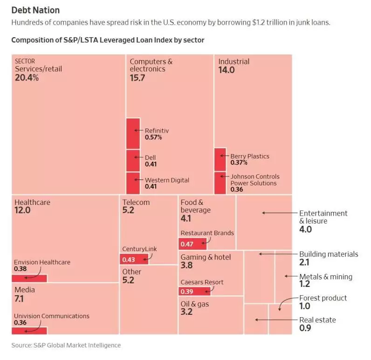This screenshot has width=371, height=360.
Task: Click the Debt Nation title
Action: click(x=35, y=10)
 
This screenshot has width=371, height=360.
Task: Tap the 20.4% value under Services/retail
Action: click(x=27, y=78)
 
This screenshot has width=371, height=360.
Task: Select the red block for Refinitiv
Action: click(x=133, y=133)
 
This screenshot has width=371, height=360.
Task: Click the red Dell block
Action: click(x=133, y=160)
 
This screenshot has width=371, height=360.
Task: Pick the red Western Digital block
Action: click(x=133, y=183)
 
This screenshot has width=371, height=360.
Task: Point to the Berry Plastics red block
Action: click(x=220, y=159)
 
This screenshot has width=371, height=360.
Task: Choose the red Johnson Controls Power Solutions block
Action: click(x=220, y=183)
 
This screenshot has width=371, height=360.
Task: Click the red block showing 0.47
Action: click(x=192, y=244)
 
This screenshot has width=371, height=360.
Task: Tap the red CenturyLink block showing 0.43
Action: click(x=134, y=259)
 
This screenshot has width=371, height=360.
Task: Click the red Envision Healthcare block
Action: click(x=29, y=278)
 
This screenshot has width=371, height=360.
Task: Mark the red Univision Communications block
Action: click(x=29, y=330)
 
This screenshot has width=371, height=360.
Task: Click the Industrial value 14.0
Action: click(x=227, y=70)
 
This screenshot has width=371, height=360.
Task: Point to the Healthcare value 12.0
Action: click(x=22, y=211)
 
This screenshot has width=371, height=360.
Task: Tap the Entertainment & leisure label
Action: click(x=323, y=217)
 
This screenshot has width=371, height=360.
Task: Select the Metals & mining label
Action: click(x=325, y=277)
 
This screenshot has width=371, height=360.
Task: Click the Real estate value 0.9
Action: click(x=305, y=328)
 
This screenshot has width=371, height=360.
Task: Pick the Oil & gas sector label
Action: click(x=195, y=304)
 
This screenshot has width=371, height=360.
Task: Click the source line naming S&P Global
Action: click(x=66, y=345)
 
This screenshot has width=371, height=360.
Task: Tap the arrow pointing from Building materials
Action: click(x=277, y=254)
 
